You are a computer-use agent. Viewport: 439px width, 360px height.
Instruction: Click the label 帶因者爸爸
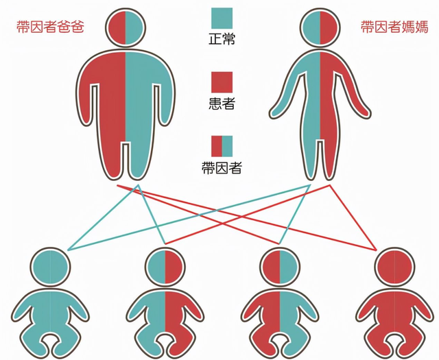pyautogui.click(x=50, y=27)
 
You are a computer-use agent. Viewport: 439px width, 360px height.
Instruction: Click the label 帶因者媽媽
pyautogui.click(x=394, y=27)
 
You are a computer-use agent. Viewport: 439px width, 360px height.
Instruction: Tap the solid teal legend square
pyautogui.click(x=222, y=19)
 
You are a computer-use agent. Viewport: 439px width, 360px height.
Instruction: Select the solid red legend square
pyautogui.click(x=222, y=82)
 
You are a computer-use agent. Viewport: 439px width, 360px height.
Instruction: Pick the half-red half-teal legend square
pyautogui.click(x=222, y=146)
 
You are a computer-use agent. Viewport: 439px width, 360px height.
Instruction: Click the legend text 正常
pyautogui.click(x=222, y=40)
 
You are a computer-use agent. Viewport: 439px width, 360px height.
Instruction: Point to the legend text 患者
pyautogui.click(x=222, y=104)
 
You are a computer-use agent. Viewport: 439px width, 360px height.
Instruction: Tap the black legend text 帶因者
pyautogui.click(x=222, y=168)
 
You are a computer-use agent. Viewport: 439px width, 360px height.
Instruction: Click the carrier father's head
pyautogui.click(x=126, y=27)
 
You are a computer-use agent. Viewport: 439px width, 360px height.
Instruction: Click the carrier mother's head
pyautogui.click(x=320, y=27)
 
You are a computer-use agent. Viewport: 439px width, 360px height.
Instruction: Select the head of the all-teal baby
pyautogui.click(x=50, y=267)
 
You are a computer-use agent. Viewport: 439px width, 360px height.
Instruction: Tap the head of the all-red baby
pyautogui.click(x=395, y=267)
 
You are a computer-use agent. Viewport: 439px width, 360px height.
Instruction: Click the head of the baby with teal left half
pyautogui.click(x=165, y=267)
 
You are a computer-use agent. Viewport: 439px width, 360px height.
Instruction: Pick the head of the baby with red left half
pyautogui.click(x=280, y=267)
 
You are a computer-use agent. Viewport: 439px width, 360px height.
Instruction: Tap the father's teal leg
pyautogui.click(x=138, y=160)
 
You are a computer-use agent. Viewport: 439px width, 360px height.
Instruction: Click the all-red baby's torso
pyautogui.click(x=395, y=313)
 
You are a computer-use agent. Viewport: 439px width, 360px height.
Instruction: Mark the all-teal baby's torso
pyautogui.click(x=50, y=313)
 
